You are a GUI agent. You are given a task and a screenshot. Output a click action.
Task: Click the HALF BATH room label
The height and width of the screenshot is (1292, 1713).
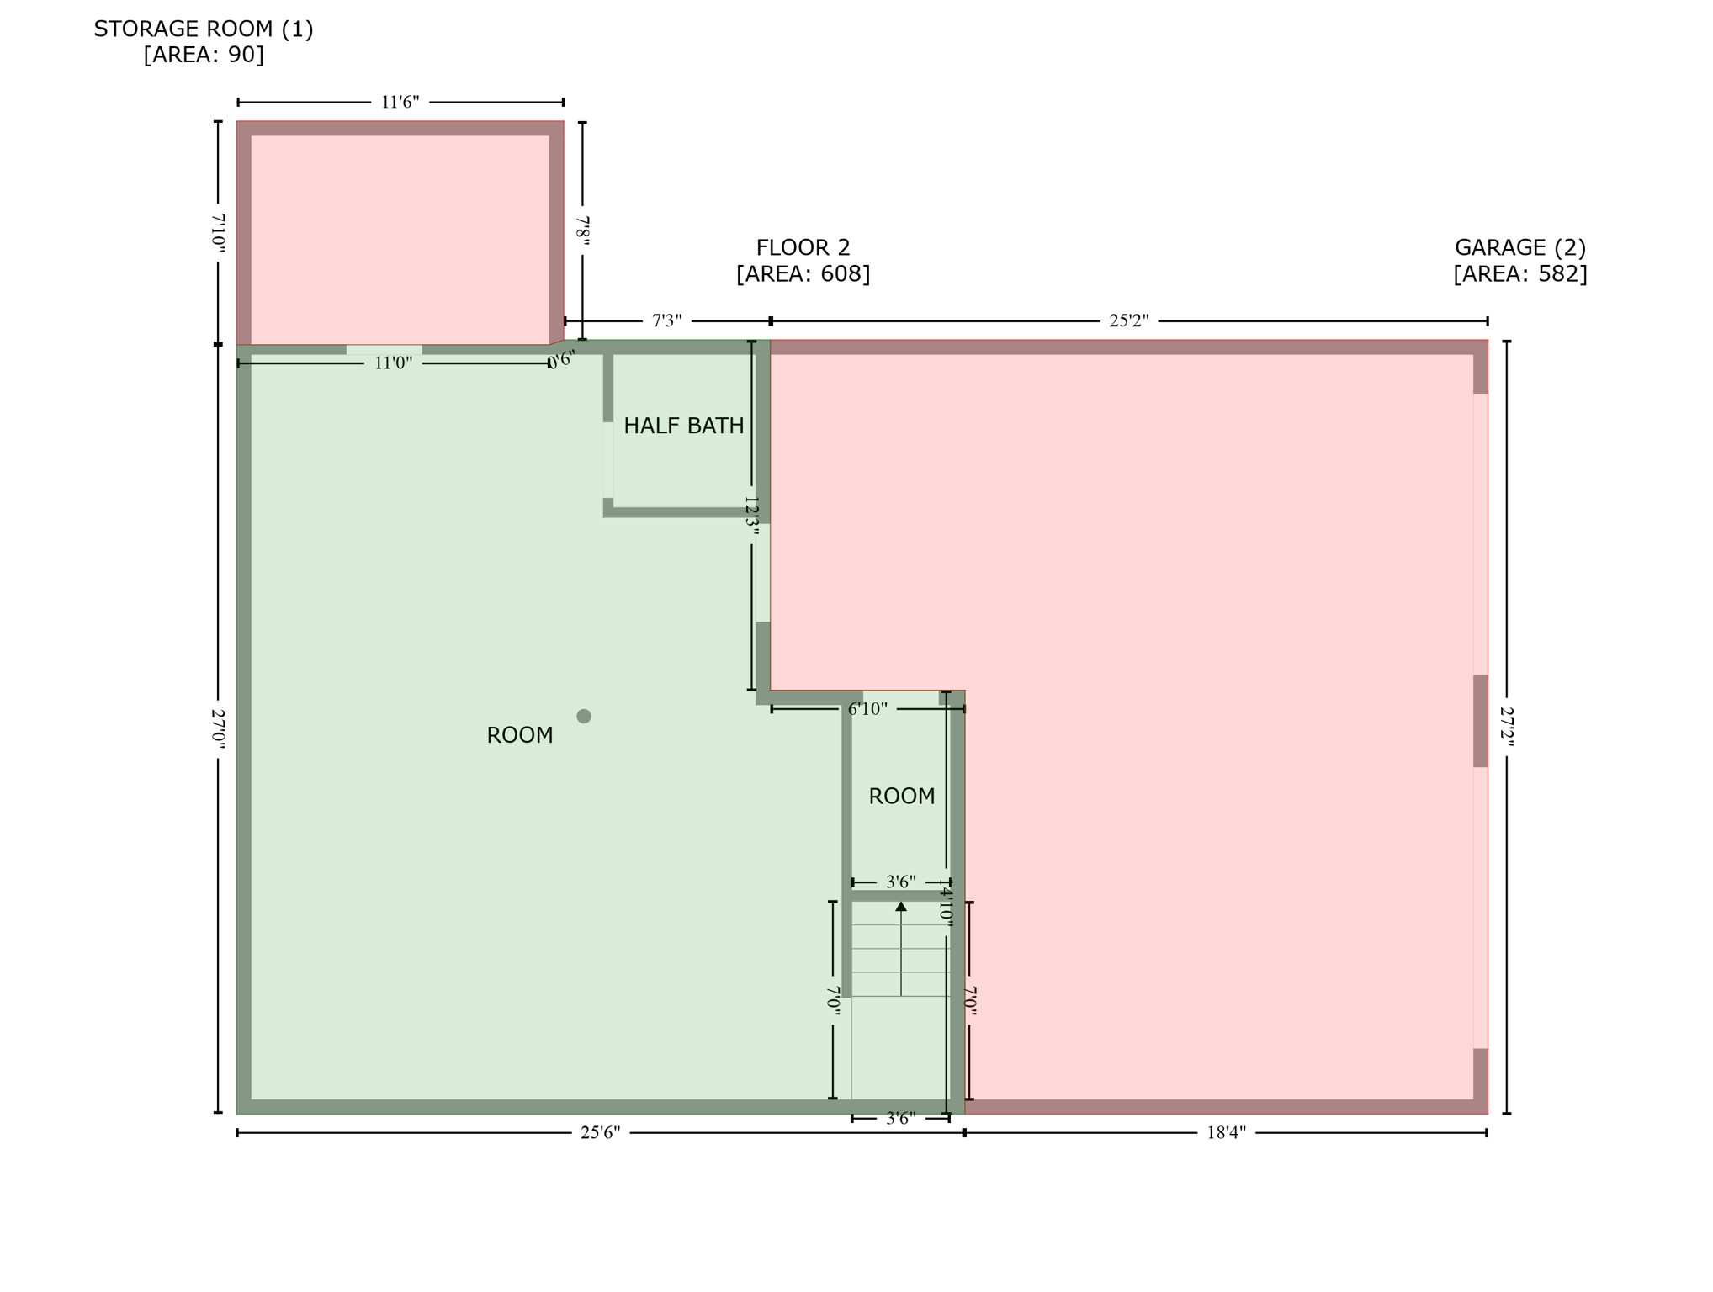(x=683, y=426)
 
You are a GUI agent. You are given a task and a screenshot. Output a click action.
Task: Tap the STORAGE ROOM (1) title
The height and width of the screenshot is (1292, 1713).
(x=204, y=29)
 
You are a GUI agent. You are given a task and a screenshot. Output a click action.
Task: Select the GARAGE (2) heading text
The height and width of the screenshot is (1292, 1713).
(x=1519, y=248)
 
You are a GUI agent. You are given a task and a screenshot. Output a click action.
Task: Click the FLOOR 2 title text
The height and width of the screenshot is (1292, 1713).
(x=803, y=248)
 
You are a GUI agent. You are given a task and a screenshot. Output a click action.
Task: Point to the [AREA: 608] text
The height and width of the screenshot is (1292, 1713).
(x=803, y=274)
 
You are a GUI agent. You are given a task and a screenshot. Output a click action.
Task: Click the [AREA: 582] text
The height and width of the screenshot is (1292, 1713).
(x=1519, y=274)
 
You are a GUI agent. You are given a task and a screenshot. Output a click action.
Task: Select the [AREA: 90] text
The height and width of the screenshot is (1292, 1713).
(x=204, y=55)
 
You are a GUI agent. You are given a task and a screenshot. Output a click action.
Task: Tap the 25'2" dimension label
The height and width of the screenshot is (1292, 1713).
(x=1128, y=321)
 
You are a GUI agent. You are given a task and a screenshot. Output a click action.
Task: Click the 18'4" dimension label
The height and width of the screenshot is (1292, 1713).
(x=1226, y=1133)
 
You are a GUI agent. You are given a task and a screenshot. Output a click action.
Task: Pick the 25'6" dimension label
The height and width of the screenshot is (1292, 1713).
(x=600, y=1133)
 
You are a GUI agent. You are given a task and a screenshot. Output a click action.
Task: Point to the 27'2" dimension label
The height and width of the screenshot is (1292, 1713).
(x=1507, y=724)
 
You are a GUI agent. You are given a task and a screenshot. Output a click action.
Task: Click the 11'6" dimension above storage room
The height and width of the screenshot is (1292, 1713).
(x=400, y=103)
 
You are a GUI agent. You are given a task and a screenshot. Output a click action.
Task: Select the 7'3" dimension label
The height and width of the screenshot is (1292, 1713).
(x=667, y=321)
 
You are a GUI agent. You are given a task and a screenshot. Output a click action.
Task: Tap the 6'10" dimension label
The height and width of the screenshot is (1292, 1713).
(x=867, y=709)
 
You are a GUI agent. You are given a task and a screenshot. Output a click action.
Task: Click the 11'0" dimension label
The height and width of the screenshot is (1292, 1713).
(x=393, y=363)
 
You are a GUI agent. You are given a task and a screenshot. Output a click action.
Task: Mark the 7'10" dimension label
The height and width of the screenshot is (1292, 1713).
(x=218, y=232)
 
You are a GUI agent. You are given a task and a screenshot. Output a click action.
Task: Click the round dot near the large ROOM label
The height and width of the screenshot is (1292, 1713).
(x=584, y=717)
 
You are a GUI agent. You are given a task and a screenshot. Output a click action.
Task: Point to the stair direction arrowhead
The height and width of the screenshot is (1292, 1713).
(x=900, y=907)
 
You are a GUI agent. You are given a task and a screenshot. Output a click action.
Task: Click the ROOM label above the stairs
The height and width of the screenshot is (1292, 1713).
(x=901, y=797)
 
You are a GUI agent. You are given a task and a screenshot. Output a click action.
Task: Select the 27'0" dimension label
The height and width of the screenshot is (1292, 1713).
(x=218, y=728)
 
